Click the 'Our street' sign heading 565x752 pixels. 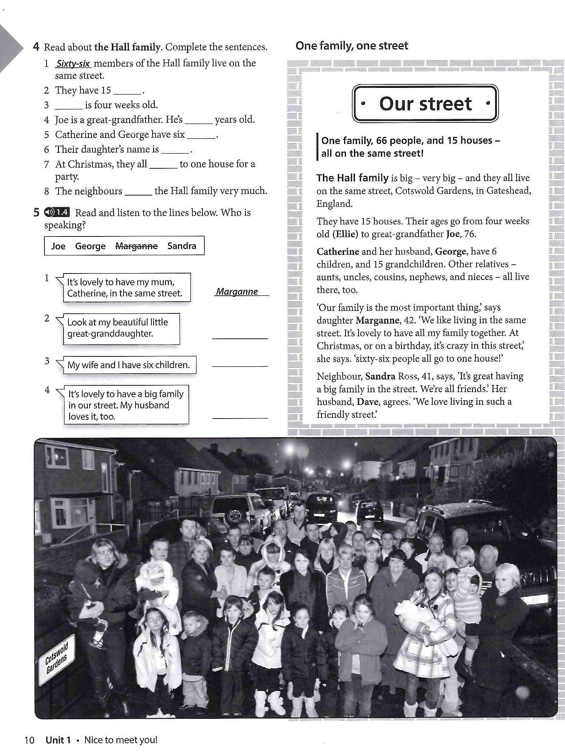click(425, 104)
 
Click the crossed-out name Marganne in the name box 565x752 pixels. click(136, 246)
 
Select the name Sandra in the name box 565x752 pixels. click(181, 246)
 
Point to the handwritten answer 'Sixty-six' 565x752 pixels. click(73, 64)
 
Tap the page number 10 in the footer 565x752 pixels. click(29, 740)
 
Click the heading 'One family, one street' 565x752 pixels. click(351, 46)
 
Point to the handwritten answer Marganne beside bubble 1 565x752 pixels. click(237, 291)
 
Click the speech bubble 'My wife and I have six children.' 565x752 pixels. click(128, 365)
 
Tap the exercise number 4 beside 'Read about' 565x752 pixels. click(36, 47)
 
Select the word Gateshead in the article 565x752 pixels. click(509, 191)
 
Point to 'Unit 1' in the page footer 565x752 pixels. click(58, 740)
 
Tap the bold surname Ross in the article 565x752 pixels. click(407, 376)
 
